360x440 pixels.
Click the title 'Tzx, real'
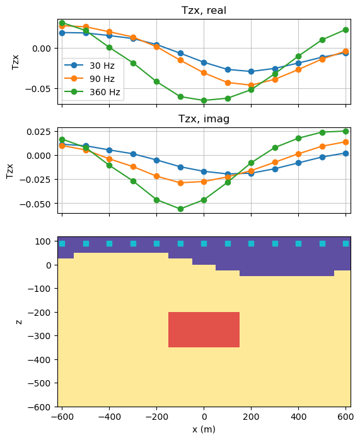coord(204,10)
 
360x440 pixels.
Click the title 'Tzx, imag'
coord(204,119)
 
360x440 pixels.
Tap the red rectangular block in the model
coord(204,329)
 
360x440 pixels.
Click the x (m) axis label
coord(204,429)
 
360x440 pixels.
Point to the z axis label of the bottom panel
coord(20,321)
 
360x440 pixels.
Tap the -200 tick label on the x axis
coord(156,417)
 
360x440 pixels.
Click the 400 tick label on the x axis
coord(298,417)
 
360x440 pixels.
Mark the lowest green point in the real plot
coord(204,100)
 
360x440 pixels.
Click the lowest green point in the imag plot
coord(180,209)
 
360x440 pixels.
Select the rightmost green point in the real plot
coord(345,30)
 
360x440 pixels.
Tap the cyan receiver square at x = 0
coord(204,243)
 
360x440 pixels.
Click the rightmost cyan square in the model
coord(345,243)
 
